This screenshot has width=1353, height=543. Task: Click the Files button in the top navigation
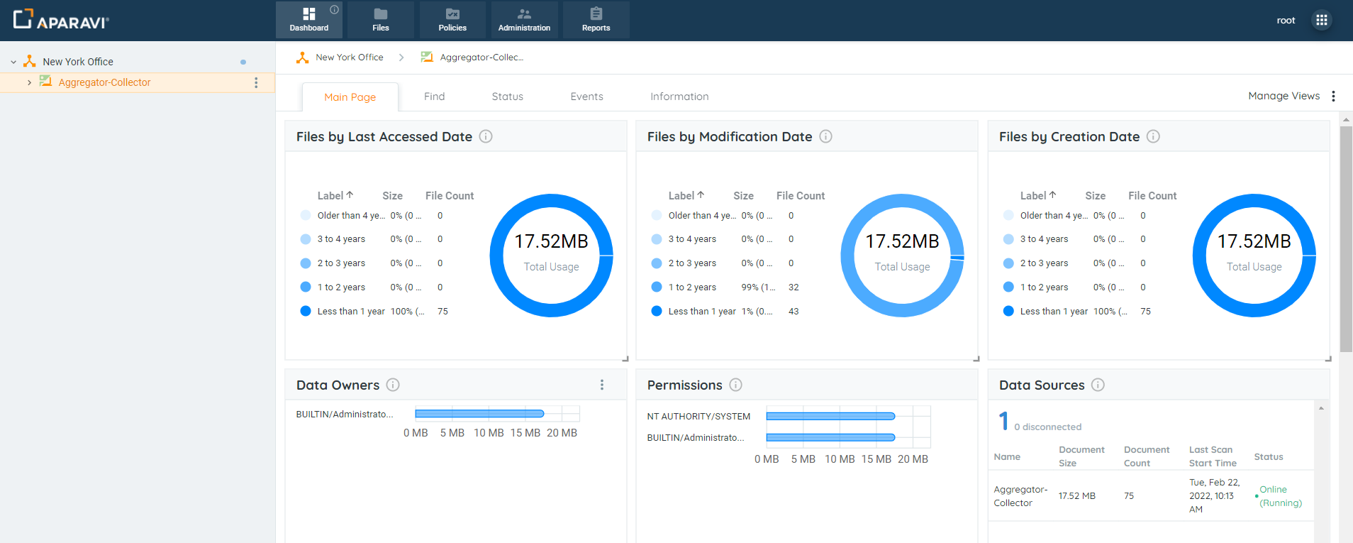tap(380, 20)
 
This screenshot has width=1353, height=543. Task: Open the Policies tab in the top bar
tap(452, 20)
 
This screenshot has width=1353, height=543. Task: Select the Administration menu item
tap(524, 20)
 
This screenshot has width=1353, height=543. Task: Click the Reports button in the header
tap(596, 20)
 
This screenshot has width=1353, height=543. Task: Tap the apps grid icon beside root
tap(1321, 20)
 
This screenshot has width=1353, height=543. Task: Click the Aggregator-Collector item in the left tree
tap(104, 82)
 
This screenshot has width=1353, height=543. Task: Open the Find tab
tap(434, 97)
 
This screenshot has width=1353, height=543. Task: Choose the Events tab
tap(586, 97)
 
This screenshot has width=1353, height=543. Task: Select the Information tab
tap(679, 97)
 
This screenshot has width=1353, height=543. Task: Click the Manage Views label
tap(1284, 96)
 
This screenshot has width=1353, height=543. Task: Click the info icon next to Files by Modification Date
tap(825, 136)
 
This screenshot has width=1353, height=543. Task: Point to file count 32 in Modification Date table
tap(794, 287)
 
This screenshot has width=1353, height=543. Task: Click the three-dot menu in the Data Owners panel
tap(602, 385)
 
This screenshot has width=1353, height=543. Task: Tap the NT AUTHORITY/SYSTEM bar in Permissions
tap(830, 417)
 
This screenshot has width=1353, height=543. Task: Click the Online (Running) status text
tap(1280, 496)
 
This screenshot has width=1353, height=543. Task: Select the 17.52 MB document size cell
tap(1076, 496)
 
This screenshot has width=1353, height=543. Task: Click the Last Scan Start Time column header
tap(1212, 456)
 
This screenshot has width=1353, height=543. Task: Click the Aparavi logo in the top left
tap(61, 20)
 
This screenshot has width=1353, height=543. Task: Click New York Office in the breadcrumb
tap(349, 57)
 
